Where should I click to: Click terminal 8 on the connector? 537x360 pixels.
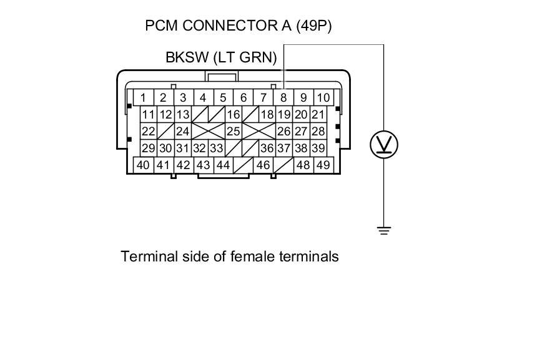click(x=283, y=97)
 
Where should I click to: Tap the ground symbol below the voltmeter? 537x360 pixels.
click(x=384, y=231)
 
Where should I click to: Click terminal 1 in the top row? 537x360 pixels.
click(x=143, y=97)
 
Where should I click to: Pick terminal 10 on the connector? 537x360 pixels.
click(x=323, y=97)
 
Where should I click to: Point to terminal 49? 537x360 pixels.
click(x=323, y=165)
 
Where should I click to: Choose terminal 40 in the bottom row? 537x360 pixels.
click(x=143, y=165)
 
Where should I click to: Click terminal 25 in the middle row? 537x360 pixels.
click(x=233, y=132)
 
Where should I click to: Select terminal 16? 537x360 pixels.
click(x=233, y=115)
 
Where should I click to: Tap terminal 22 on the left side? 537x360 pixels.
click(x=148, y=132)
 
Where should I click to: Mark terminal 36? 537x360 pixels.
click(x=267, y=148)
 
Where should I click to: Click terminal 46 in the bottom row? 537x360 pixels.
click(x=263, y=165)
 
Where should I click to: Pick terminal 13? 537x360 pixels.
click(x=182, y=115)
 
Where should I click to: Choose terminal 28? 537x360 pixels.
click(x=318, y=132)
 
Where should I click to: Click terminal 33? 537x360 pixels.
click(x=216, y=148)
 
